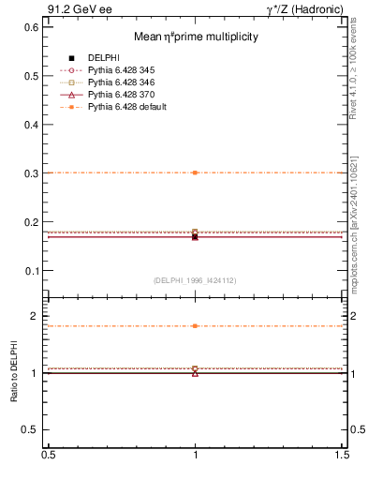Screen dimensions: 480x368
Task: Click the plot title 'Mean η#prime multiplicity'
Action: tap(195, 37)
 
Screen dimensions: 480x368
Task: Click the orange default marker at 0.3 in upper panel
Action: tap(195, 172)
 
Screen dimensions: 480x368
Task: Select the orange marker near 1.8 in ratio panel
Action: tap(195, 326)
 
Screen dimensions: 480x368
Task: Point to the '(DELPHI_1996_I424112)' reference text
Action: tap(195, 280)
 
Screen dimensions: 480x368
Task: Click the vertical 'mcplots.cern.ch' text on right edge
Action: tap(359, 253)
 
